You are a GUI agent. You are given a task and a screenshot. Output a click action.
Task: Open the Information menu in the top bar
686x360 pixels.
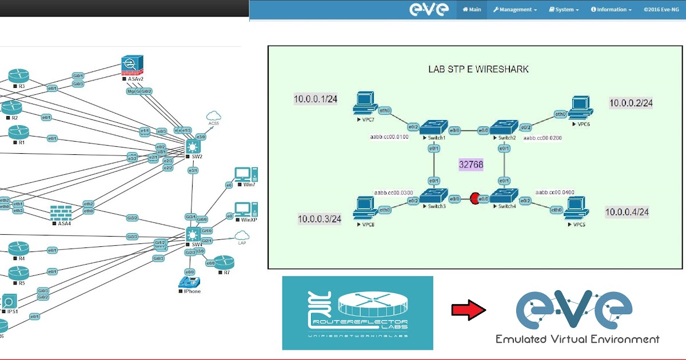[x=611, y=10]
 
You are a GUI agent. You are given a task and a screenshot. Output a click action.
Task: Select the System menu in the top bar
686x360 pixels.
[x=564, y=10]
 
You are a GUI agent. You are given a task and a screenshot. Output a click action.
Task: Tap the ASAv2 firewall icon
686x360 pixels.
[x=131, y=65]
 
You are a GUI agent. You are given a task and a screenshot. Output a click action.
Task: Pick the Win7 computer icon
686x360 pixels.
[x=246, y=174]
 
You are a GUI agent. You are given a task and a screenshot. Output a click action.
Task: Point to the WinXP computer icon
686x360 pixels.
[x=246, y=209]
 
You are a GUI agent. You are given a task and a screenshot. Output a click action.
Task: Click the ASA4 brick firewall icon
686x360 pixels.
[x=61, y=213]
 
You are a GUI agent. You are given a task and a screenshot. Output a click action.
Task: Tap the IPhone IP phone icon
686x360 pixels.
[x=189, y=281]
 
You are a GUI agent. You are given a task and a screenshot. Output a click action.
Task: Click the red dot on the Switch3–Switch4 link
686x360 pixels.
[x=474, y=199]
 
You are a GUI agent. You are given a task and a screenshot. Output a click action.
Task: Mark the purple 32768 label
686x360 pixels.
[x=471, y=165]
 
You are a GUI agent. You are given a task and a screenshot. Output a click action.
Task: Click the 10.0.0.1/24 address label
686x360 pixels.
[x=316, y=99]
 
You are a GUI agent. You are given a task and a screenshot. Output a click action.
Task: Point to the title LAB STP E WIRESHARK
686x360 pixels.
[x=478, y=69]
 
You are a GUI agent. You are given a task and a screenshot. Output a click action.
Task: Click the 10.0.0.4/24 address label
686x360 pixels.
[x=627, y=212]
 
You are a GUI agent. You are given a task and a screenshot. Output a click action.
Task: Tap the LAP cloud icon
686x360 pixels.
[x=242, y=235]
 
